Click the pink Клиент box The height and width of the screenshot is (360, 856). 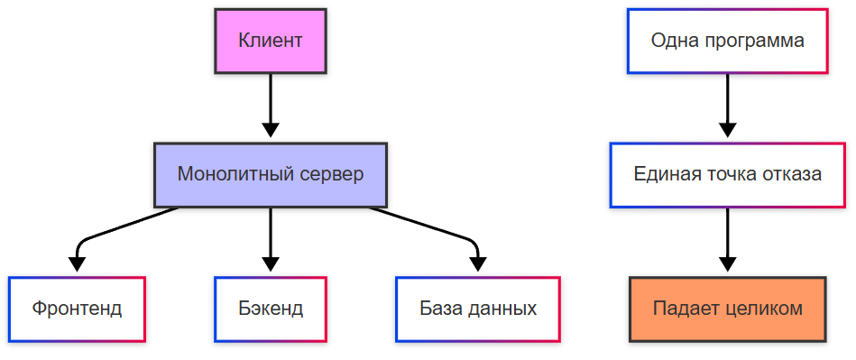pos(270,41)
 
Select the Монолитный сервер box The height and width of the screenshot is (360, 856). pos(270,174)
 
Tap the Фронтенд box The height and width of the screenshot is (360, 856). pos(77,309)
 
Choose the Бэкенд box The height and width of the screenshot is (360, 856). pos(271,309)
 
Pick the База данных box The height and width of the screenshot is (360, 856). pos(477,309)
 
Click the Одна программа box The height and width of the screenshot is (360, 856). pos(727,41)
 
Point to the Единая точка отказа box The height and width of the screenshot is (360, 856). pos(727,174)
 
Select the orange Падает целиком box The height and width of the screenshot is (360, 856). pos(727,309)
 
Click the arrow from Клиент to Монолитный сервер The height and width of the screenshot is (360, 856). pos(270,104)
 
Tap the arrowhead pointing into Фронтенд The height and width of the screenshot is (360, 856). pos(77,263)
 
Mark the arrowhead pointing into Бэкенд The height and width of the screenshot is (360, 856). pos(271,263)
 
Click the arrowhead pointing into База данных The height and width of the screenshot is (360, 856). pos(477,263)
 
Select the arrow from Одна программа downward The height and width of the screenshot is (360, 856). pos(727,104)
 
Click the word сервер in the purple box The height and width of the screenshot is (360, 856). pos(331,174)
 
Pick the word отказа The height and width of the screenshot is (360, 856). pos(790,174)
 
